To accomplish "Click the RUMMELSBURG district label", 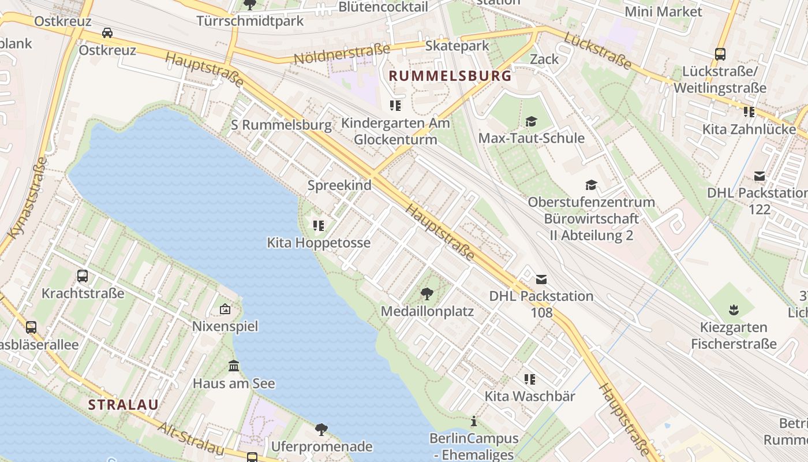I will click(x=450, y=76).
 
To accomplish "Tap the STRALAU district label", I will click(x=123, y=404).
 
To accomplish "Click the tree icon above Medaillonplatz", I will click(x=427, y=295).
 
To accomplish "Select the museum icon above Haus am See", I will click(x=234, y=366).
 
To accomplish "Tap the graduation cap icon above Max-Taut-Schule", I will click(x=531, y=121).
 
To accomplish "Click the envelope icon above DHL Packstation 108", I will click(x=541, y=280).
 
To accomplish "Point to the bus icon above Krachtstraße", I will click(x=83, y=276).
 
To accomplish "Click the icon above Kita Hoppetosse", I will click(x=318, y=225).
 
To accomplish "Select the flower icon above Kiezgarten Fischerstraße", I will click(x=734, y=310).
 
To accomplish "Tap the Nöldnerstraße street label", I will click(x=342, y=54).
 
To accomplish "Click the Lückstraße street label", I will click(x=598, y=50).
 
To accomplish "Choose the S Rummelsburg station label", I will click(x=281, y=125).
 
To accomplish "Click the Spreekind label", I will click(x=339, y=185).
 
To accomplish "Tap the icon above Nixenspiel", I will click(x=225, y=310).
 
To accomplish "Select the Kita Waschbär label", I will click(x=529, y=396).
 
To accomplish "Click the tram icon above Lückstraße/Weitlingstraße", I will click(x=720, y=54).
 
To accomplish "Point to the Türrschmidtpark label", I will click(x=250, y=21).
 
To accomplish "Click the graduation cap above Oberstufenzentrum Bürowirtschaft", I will click(x=591, y=185).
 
